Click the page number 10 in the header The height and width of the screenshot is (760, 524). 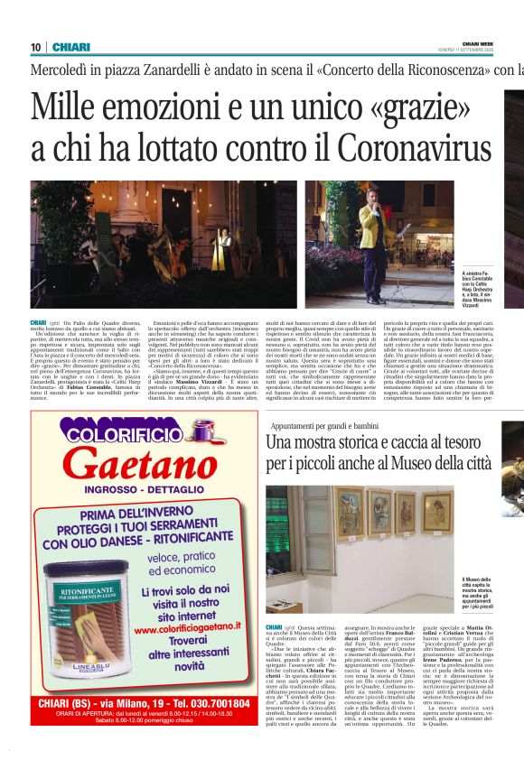point(35,47)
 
